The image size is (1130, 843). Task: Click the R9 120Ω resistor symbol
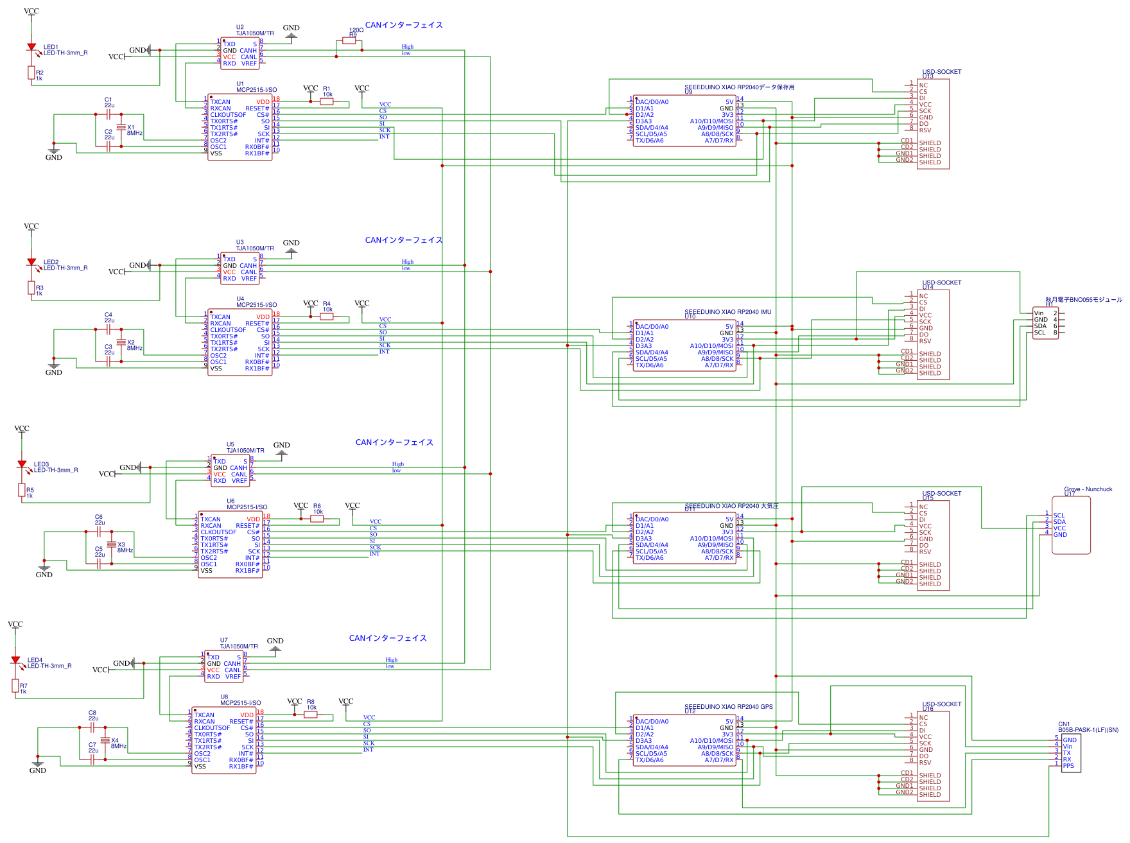[349, 40]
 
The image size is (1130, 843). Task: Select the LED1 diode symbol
[31, 48]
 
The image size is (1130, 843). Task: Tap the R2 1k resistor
[31, 73]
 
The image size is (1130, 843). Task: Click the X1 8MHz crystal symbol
[121, 128]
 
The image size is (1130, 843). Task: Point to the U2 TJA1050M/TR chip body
[239, 54]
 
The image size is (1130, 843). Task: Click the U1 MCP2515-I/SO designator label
[256, 90]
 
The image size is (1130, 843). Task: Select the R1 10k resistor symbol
[327, 101]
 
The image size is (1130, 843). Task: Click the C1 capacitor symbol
[109, 114]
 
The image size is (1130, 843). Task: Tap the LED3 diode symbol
[22, 464]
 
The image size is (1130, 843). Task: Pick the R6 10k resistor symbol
[317, 519]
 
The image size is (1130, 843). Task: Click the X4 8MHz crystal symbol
[105, 740]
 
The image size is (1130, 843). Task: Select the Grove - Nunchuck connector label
[1088, 489]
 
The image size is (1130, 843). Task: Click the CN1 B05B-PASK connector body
[1071, 752]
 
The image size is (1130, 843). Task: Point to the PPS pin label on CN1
[1068, 765]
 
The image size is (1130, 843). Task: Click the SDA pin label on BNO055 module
[1040, 326]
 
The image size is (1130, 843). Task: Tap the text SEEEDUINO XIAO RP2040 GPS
[728, 707]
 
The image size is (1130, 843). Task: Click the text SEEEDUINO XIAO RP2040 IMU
[727, 312]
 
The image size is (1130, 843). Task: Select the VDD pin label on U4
[263, 317]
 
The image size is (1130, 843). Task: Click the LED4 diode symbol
[15, 660]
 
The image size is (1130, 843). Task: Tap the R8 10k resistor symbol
[311, 715]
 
